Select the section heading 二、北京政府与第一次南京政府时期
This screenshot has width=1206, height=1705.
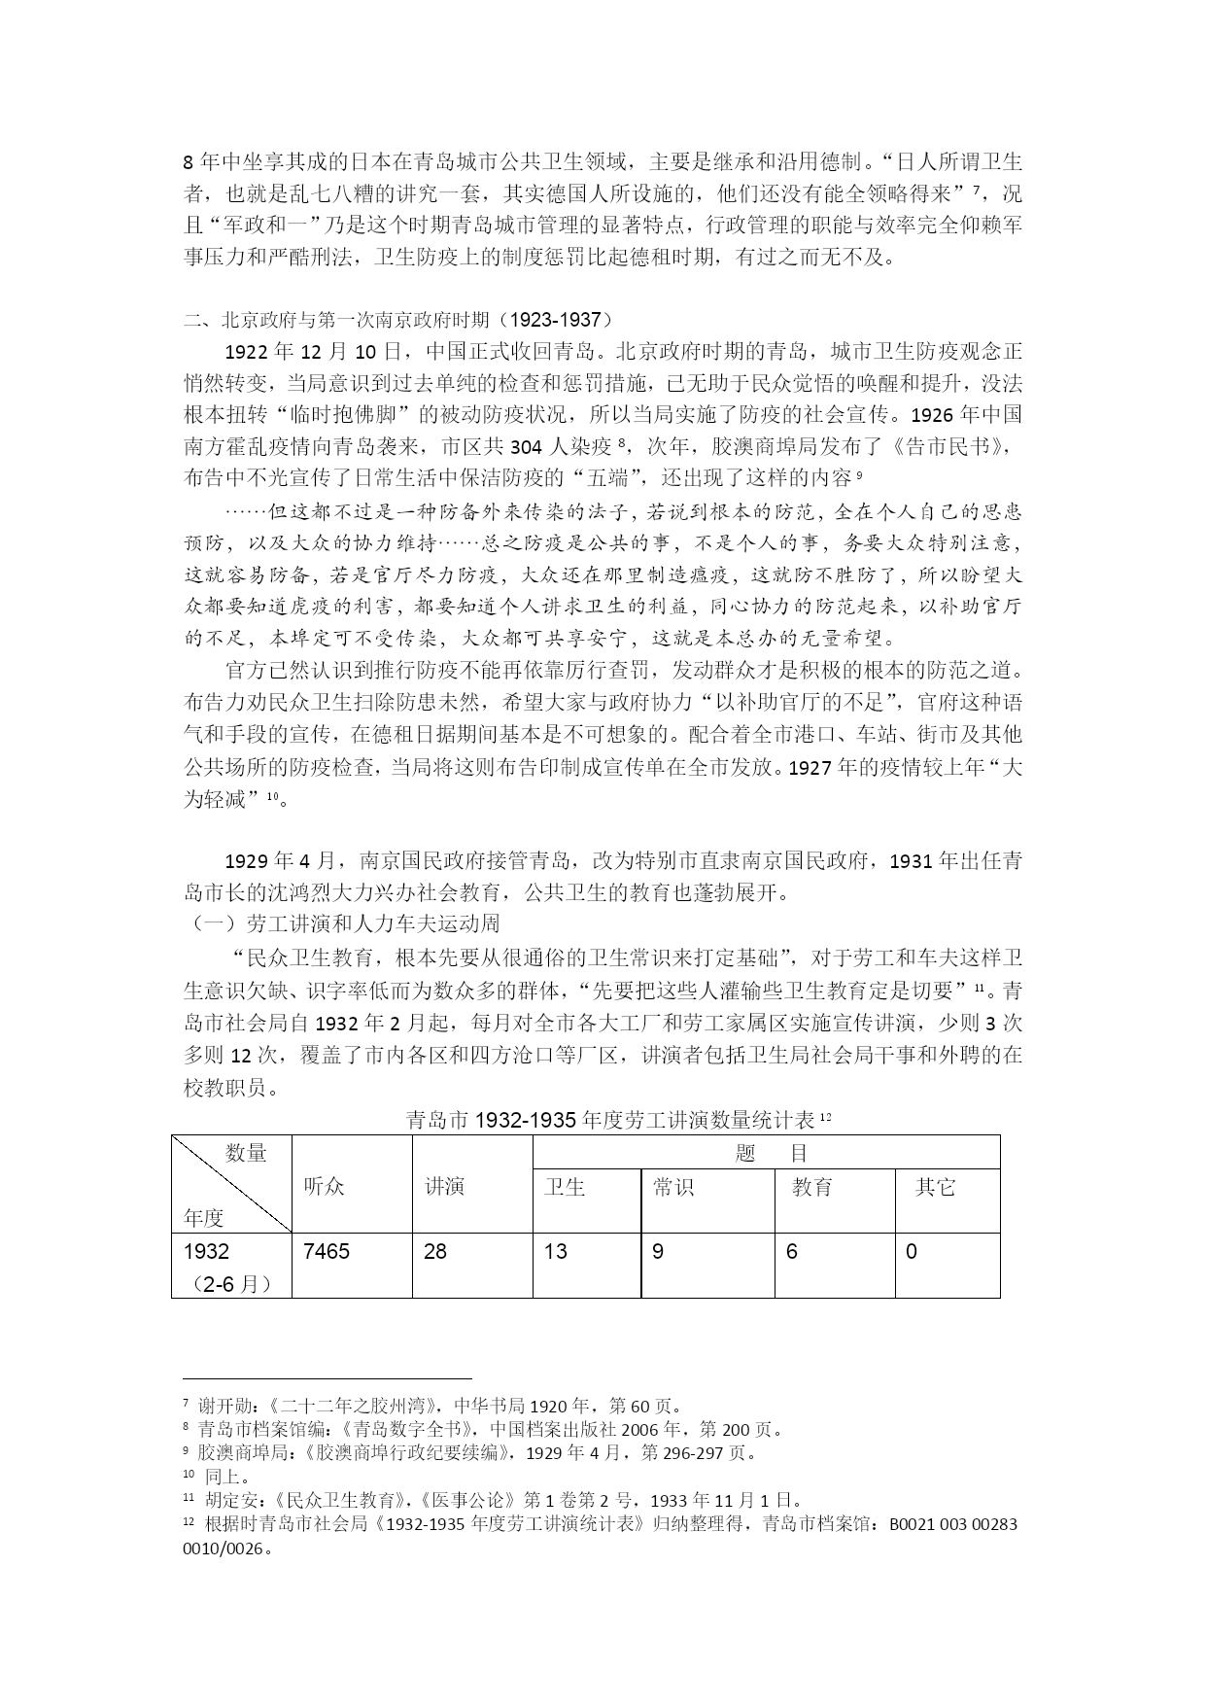(x=399, y=319)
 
